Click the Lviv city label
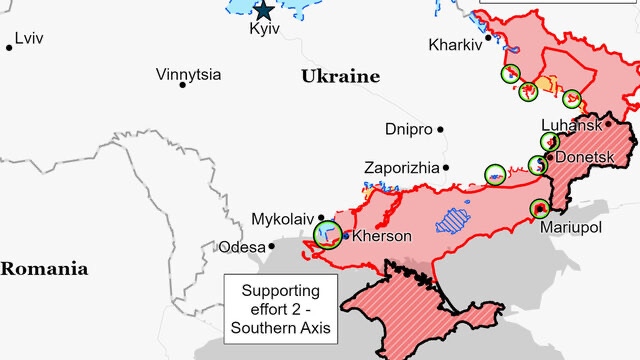[29, 38]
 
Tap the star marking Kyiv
[264, 11]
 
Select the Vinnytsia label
[189, 74]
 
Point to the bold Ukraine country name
[341, 76]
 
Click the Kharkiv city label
[455, 45]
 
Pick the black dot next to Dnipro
[440, 129]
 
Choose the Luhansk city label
[571, 125]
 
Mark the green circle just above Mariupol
[540, 209]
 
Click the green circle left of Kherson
[327, 234]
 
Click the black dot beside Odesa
[271, 246]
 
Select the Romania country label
[44, 268]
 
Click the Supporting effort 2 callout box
[281, 309]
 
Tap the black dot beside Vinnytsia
[182, 85]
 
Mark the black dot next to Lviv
[9, 47]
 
